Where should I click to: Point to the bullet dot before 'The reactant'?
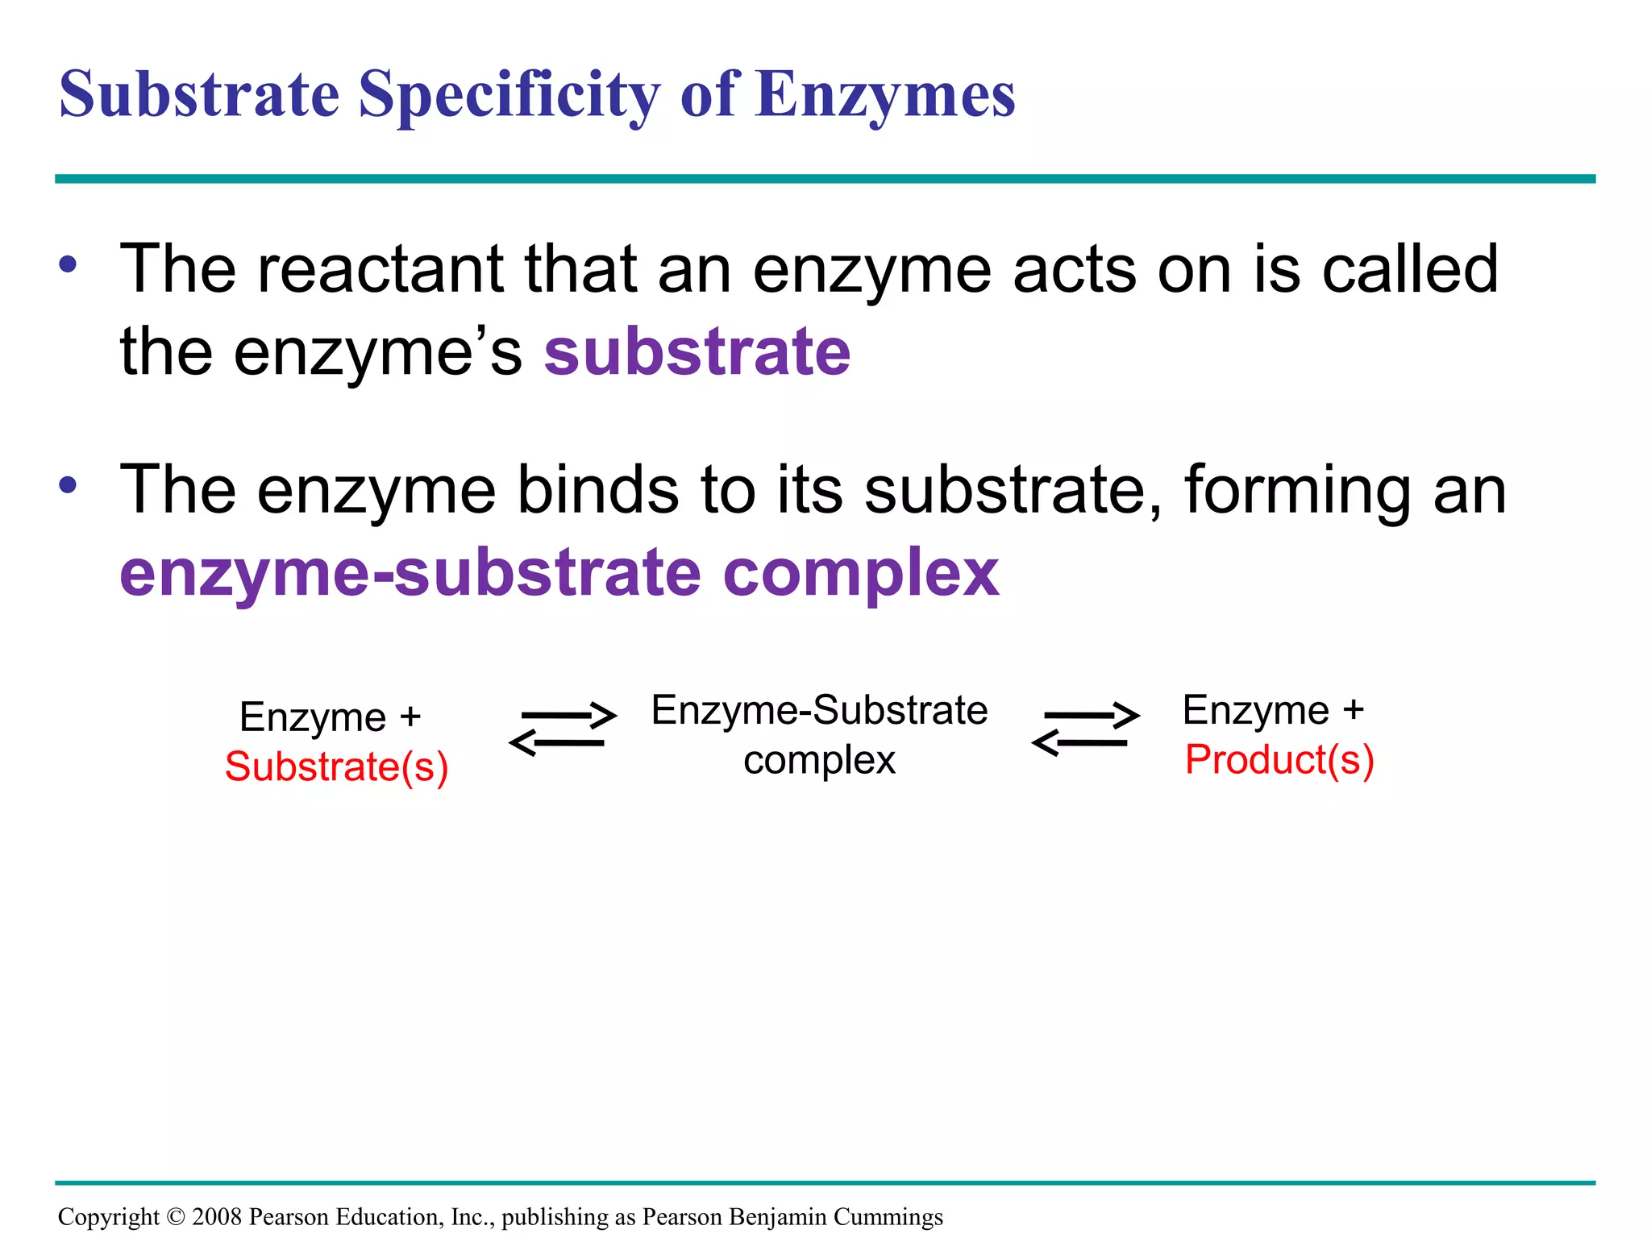[x=68, y=265]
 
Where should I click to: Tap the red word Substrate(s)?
[x=336, y=766]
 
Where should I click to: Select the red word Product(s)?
[x=1279, y=760]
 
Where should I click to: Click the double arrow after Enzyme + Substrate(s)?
[x=563, y=729]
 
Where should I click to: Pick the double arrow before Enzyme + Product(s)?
[x=1085, y=729]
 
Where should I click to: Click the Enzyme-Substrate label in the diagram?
[x=819, y=711]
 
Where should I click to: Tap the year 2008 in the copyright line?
[x=217, y=1217]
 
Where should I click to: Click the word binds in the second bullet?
[x=598, y=489]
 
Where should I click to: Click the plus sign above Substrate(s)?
[x=410, y=717]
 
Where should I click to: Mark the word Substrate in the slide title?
[x=199, y=95]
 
